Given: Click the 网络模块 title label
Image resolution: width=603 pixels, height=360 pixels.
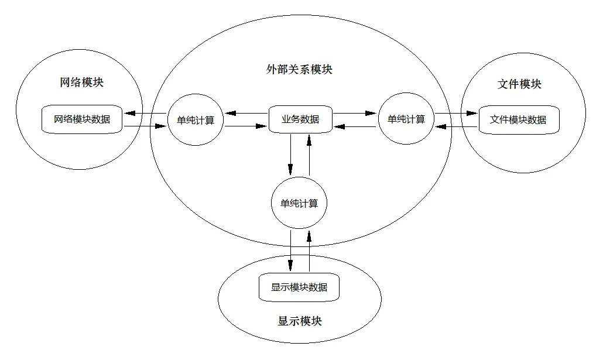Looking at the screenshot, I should tap(81, 83).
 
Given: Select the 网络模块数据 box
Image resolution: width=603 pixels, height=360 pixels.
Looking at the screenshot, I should tap(82, 119).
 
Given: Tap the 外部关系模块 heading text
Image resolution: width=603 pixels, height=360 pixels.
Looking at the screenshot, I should tap(299, 70).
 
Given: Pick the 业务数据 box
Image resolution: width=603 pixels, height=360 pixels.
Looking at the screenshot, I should tap(300, 119).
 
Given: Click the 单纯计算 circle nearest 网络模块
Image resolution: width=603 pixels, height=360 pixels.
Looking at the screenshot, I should tap(196, 121).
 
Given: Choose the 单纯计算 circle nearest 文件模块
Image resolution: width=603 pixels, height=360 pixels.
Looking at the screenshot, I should tap(406, 119).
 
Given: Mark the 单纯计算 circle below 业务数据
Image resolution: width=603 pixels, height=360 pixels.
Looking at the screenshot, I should tap(299, 203).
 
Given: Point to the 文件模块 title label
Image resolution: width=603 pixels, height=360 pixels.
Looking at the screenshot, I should tap(519, 84).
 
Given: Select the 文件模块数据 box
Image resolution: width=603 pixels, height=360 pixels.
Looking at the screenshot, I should tap(518, 119).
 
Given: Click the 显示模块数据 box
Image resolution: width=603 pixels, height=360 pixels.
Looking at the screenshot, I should tap(299, 287).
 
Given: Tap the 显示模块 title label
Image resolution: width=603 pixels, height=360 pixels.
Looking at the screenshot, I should tap(299, 321).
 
